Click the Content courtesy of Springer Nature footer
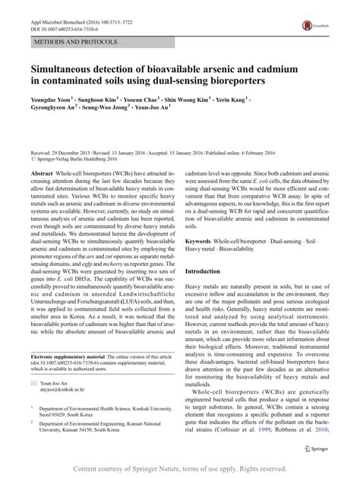tap(180, 468)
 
